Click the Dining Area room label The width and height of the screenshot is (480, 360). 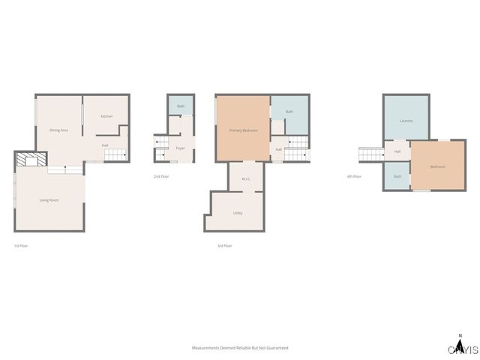point(59,130)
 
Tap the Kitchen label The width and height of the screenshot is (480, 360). point(107,116)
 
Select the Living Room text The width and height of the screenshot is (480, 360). point(49,199)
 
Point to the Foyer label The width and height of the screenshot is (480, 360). point(181,148)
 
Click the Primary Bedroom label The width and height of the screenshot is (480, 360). point(244,130)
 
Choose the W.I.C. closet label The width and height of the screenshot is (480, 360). point(246,178)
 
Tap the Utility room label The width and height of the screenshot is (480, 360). point(238,213)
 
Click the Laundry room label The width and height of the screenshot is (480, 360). point(406,121)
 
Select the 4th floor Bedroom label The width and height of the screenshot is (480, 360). point(438,166)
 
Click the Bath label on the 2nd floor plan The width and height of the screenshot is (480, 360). point(181,106)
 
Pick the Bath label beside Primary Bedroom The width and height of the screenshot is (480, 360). point(289,112)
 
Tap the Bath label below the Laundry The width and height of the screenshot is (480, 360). point(397,177)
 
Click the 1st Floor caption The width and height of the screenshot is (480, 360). point(20,246)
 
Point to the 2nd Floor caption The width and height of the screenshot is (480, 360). point(161,176)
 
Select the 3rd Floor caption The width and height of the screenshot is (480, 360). point(224,246)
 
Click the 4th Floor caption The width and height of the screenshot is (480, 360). point(354,176)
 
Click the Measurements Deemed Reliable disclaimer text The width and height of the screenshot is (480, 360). point(240,348)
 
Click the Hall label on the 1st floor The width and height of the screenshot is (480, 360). point(106,145)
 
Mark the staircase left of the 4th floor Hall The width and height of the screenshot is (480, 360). point(371,154)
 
